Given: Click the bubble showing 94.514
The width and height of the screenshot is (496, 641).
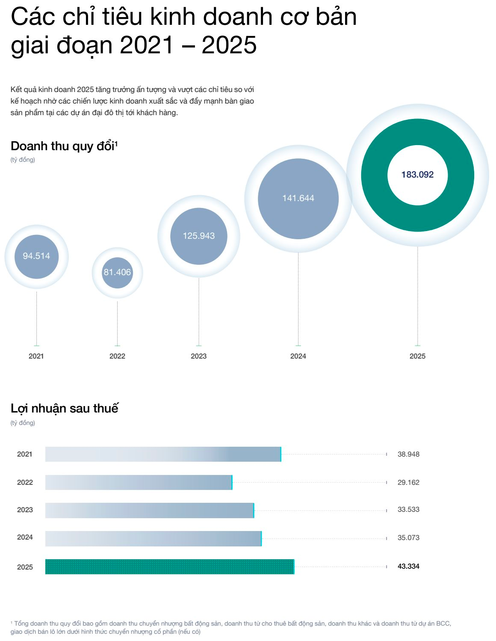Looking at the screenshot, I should pos(36,256).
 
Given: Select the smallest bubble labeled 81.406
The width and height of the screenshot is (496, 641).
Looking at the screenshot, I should pos(117,273).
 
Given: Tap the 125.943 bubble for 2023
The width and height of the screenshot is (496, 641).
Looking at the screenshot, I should pos(199,236).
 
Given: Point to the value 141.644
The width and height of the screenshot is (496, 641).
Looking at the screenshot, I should pos(298,198).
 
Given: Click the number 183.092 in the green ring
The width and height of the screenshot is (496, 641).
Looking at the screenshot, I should pos(417,175).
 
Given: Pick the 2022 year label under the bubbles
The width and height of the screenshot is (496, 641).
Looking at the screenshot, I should pos(117,356).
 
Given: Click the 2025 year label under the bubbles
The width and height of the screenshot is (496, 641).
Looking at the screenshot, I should pos(417,356).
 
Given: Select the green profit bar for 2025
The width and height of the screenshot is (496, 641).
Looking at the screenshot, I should pos(169,567).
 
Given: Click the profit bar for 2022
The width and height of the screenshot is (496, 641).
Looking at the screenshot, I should pos(139,482).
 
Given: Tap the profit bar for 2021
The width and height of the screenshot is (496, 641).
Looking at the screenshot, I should pos(163,454).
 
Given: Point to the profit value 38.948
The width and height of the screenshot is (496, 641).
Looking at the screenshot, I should pos(408,454).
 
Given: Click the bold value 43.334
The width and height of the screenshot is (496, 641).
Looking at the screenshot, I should pos(408,566).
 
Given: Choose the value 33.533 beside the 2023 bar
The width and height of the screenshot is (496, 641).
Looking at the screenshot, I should pos(408,509).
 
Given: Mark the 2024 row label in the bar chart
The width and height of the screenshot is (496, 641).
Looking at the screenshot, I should pos(25,537).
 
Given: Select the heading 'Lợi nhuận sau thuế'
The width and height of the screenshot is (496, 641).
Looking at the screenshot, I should pos(64,408).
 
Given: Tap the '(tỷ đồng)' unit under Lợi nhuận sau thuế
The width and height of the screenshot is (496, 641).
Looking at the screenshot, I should pos(23,423).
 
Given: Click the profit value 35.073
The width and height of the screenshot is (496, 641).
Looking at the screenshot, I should pos(408,537).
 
